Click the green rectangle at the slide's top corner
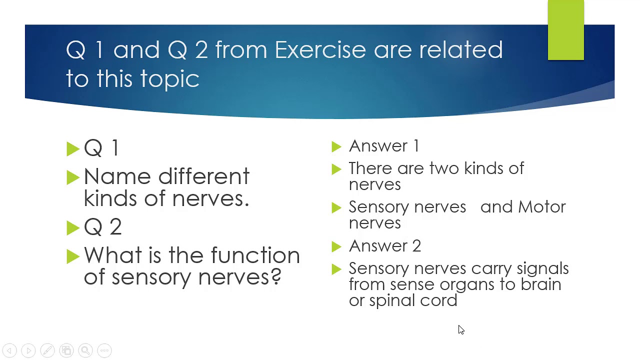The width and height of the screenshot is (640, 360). (565, 30)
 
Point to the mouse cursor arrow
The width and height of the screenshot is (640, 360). (460, 329)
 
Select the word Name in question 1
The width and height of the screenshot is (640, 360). (116, 177)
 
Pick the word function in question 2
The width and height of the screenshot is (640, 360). (255, 256)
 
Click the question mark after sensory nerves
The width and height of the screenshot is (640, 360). (275, 277)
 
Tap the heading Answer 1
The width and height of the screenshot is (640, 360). (384, 146)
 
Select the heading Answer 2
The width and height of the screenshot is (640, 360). (384, 246)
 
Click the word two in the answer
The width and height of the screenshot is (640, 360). (444, 168)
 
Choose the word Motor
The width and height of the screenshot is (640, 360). (541, 207)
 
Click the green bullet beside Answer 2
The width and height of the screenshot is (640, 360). (336, 246)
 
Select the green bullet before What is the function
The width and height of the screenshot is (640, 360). (73, 256)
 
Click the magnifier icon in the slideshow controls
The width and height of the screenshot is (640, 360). (85, 350)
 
